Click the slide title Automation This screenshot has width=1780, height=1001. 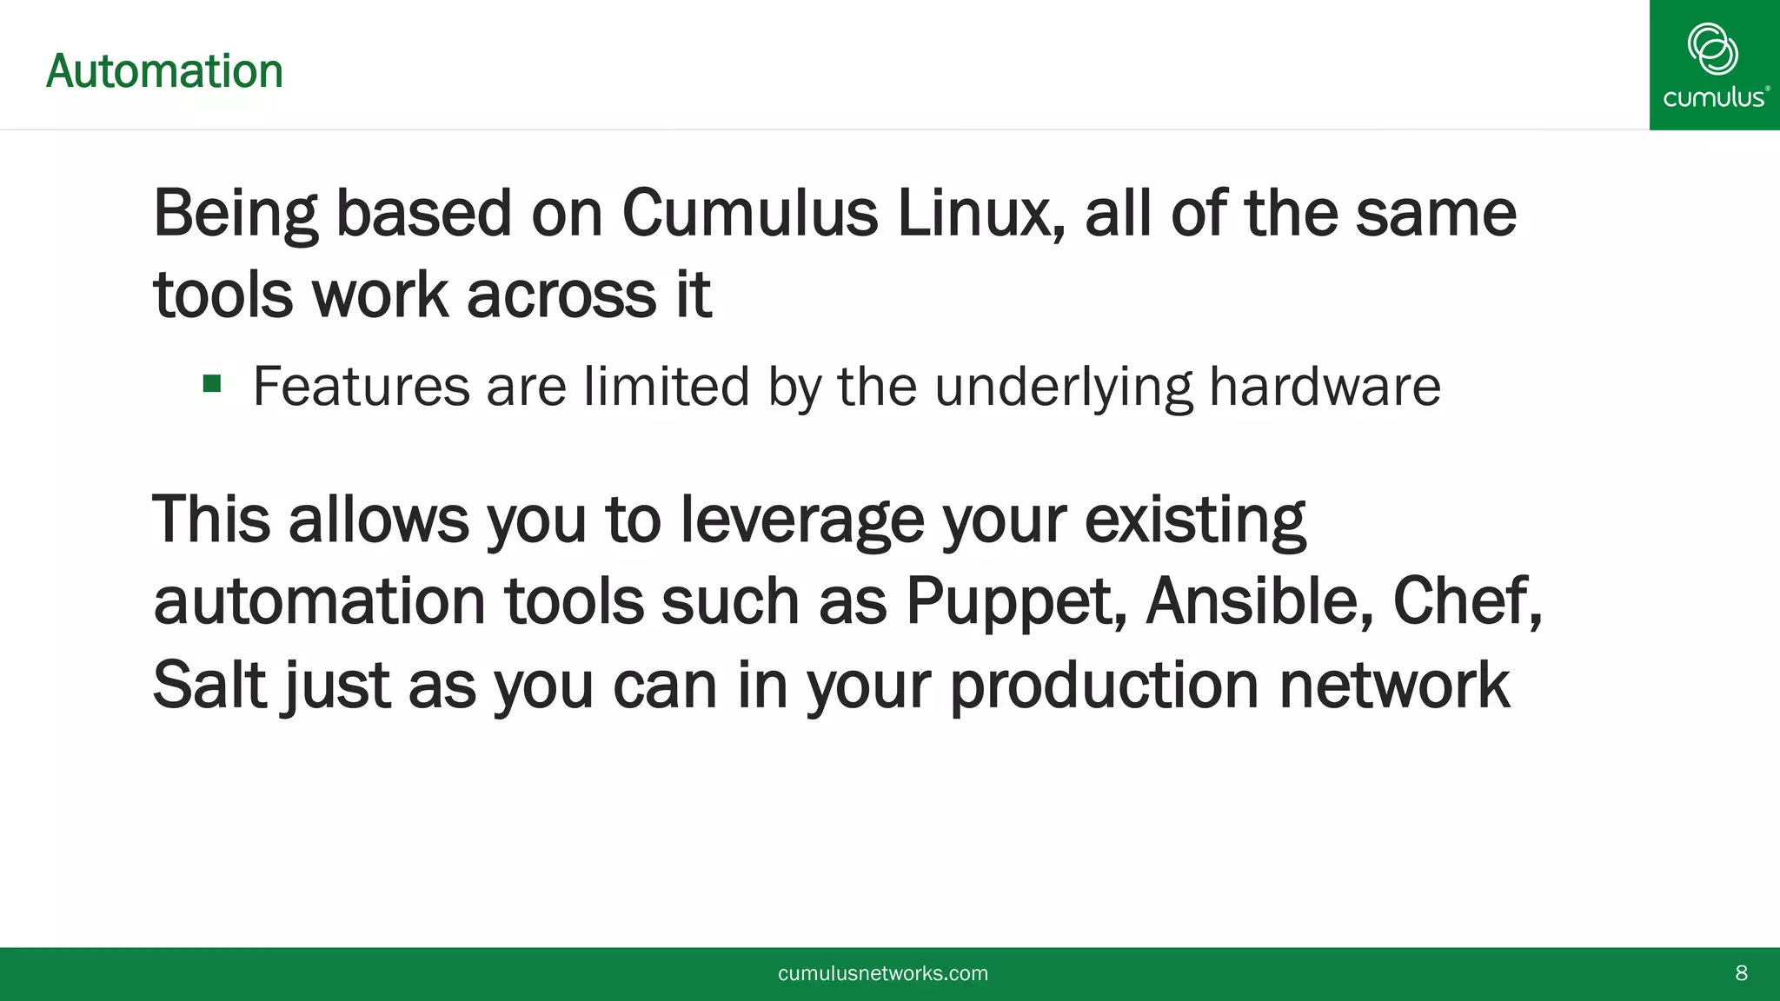(x=164, y=71)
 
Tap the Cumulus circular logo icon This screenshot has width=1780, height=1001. (x=1712, y=49)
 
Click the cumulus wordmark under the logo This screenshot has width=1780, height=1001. (x=1714, y=97)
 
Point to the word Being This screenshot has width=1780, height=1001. (x=236, y=215)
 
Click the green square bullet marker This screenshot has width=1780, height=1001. (x=212, y=383)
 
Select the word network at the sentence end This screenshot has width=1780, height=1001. (x=1394, y=685)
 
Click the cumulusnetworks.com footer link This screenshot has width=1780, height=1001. (x=883, y=973)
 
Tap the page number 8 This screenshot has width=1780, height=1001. (x=1741, y=973)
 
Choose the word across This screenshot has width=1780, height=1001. (x=561, y=295)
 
